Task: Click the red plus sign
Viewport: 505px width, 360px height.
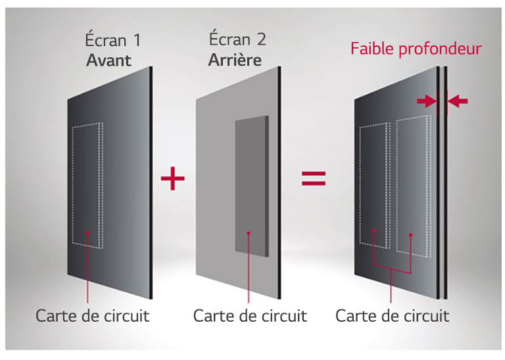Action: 172,178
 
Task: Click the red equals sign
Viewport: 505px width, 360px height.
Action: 314,178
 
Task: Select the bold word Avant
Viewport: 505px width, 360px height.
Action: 108,61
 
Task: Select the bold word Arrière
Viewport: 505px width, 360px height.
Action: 235,61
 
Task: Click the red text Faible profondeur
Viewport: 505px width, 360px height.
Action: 416,49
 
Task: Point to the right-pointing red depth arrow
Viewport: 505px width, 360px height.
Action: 427,101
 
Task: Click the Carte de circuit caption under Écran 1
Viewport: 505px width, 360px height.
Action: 92,316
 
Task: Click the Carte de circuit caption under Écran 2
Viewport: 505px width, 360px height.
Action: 250,316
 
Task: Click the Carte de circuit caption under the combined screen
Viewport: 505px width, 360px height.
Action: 392,316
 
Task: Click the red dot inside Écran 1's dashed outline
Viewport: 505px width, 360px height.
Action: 88,232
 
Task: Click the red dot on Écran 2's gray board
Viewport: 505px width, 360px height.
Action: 248,233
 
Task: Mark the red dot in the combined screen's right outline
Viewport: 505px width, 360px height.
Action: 411,234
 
